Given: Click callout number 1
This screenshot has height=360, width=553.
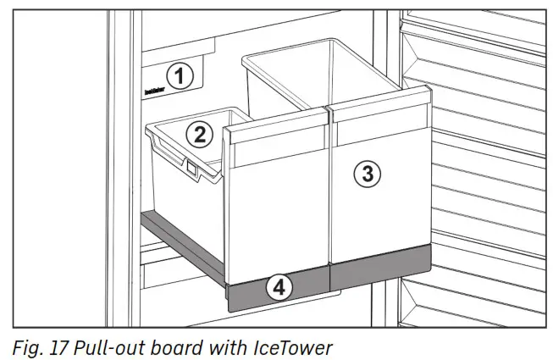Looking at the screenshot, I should (178, 77).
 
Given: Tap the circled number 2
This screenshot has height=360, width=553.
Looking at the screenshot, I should (198, 134).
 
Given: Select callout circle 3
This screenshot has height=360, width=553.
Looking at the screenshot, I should (367, 174).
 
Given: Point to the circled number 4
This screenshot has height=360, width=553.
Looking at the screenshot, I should (279, 287).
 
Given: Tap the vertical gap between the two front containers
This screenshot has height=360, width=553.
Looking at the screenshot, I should (329, 195).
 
